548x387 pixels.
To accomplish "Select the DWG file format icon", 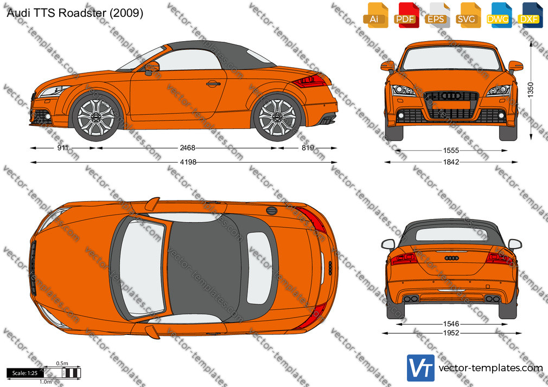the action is tap(498, 15).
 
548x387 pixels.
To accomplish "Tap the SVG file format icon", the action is tap(467, 15).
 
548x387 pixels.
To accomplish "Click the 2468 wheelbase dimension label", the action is tap(187, 148).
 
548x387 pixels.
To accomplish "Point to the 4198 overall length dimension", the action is tap(188, 162).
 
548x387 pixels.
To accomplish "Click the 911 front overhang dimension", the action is tap(63, 148).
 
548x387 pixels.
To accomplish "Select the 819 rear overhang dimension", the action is tap(308, 148).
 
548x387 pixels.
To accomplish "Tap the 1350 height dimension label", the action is tap(531, 90).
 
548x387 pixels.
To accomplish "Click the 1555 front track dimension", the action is tap(451, 151).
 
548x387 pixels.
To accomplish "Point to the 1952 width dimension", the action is tap(451, 333).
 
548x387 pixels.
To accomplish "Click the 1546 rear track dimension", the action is tap(451, 324).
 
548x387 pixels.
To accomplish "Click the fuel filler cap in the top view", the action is tap(271, 211).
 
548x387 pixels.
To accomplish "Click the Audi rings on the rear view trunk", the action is tap(451, 258).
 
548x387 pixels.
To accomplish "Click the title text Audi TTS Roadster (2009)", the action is tap(75, 13).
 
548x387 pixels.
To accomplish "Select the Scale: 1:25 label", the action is tap(25, 373).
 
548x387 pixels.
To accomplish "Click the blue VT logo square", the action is tap(420, 368).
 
